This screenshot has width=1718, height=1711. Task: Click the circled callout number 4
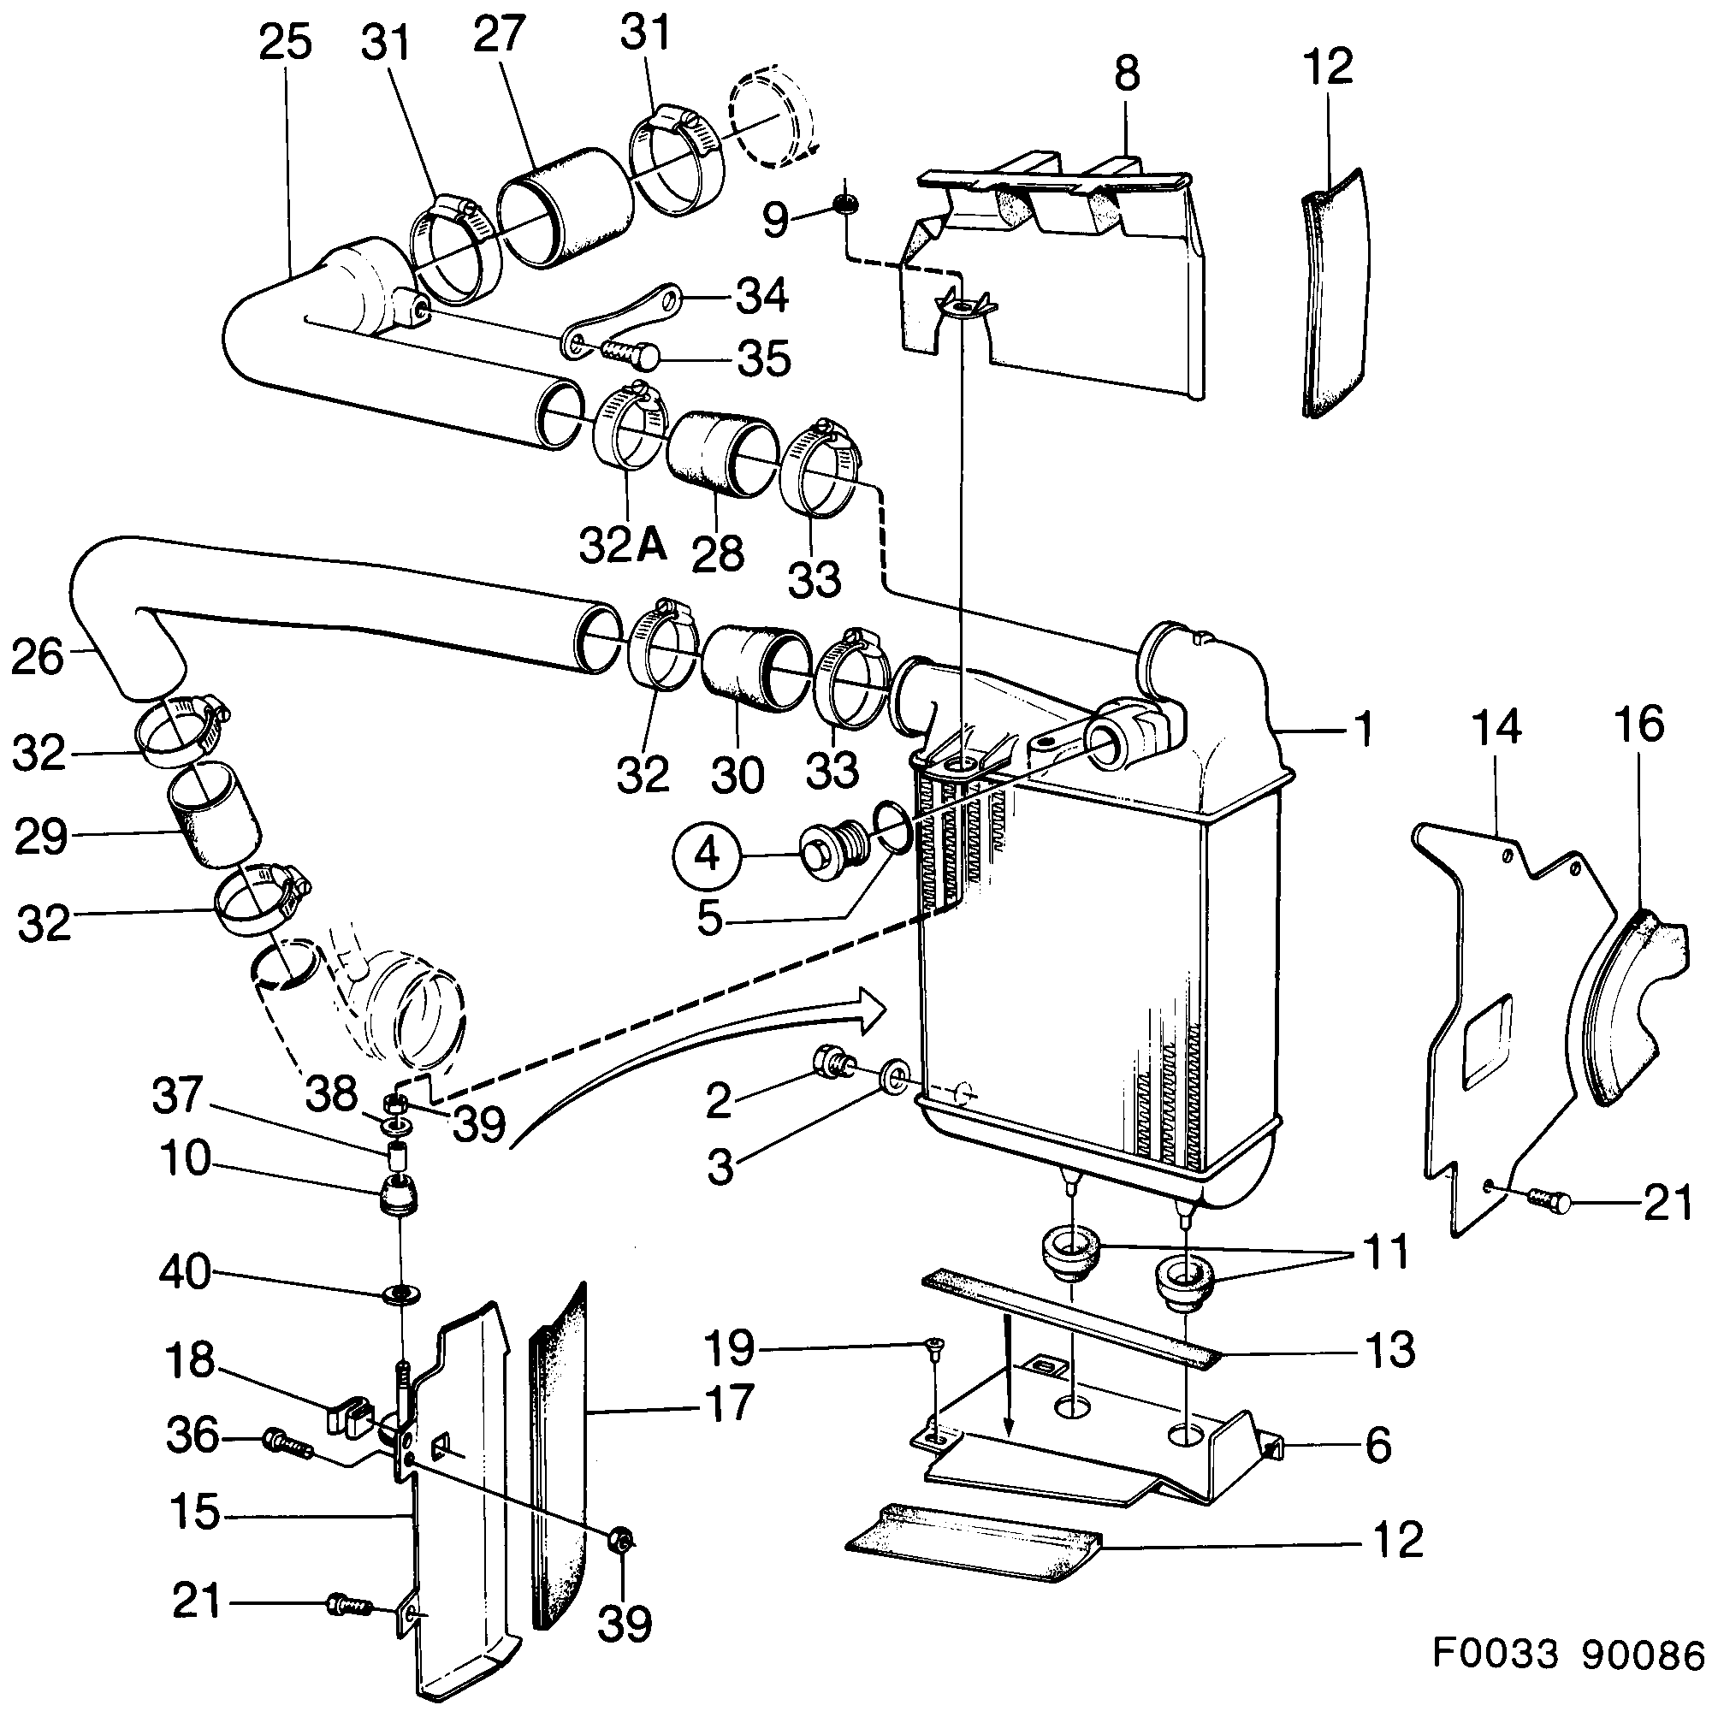coord(706,855)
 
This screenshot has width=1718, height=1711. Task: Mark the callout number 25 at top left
coord(285,43)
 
